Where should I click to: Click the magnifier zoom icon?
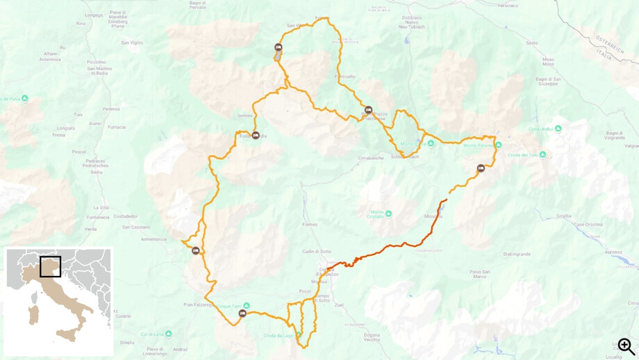point(626,346)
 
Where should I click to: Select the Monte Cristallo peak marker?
point(389,213)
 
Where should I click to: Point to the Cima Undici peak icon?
point(558,129)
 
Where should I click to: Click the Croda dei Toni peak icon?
point(542,155)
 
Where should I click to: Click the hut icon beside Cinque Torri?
point(242,314)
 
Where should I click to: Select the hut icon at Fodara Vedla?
point(256,136)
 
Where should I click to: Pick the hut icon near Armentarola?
point(196,251)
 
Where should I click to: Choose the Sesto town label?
point(532,43)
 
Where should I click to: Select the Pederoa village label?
point(111,108)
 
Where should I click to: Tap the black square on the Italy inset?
point(50,267)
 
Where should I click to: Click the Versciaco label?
point(507,5)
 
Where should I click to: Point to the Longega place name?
point(93,15)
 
